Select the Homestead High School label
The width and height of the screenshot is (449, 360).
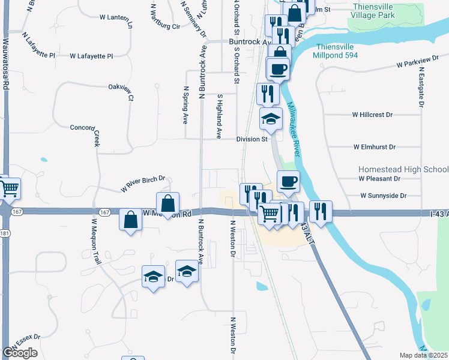[x=403, y=170]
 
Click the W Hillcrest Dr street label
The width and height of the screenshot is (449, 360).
[x=372, y=114]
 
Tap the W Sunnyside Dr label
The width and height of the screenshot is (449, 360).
[x=384, y=196]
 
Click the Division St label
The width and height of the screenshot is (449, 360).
[x=252, y=139]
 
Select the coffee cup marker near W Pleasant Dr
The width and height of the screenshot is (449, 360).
[x=288, y=180]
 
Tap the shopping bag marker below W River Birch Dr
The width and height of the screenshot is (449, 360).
[x=168, y=202]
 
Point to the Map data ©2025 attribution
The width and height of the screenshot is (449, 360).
[x=424, y=355]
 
